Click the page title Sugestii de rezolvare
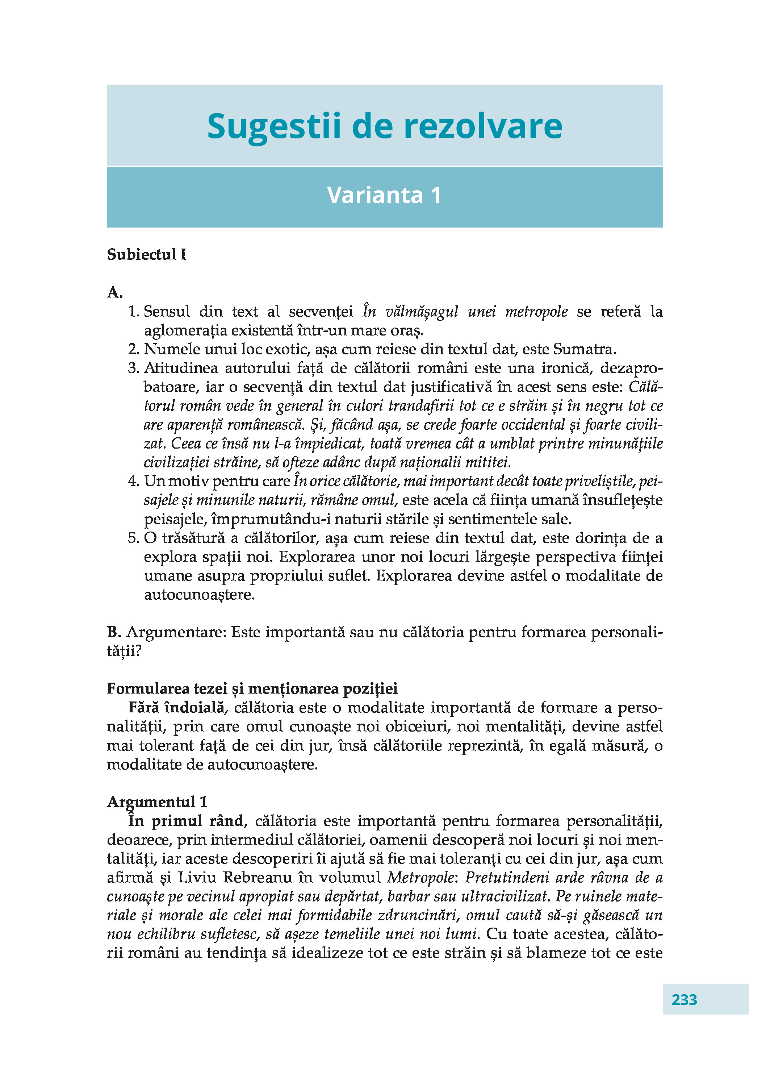[x=384, y=126]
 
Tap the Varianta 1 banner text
[x=384, y=195]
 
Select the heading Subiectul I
[x=146, y=255]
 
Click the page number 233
[x=684, y=999]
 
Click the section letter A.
[x=114, y=293]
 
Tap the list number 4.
[x=133, y=481]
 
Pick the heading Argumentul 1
[x=157, y=802]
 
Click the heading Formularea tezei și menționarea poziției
[x=252, y=689]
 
